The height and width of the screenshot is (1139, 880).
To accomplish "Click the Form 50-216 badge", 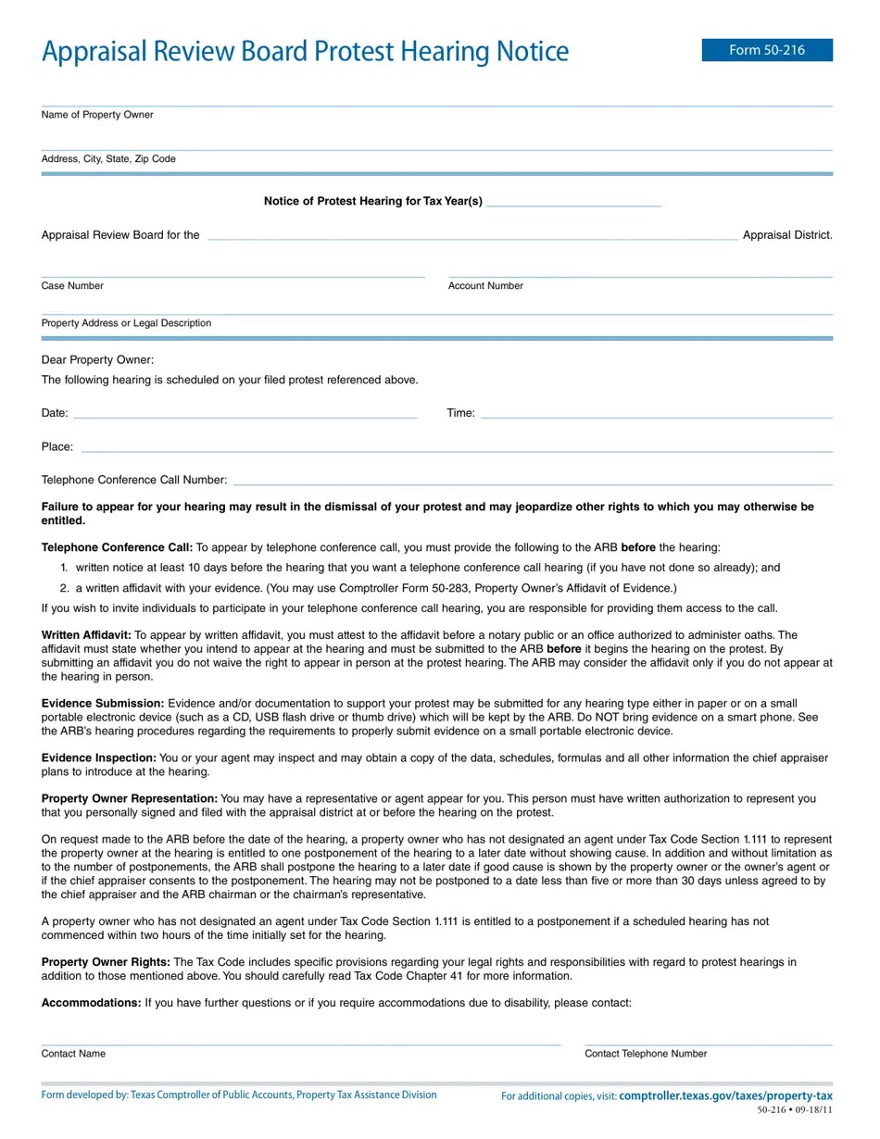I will (767, 50).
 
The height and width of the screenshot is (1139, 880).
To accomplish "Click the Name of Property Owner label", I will (97, 115).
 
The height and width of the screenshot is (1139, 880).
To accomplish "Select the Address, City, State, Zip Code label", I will (108, 159).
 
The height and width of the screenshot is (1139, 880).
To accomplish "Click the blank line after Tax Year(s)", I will (573, 202).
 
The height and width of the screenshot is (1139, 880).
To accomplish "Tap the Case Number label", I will (72, 286).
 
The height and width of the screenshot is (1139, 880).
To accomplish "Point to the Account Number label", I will (485, 286).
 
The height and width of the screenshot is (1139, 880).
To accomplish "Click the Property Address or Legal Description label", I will (126, 323).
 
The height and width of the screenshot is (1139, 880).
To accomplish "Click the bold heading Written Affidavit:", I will (86, 635).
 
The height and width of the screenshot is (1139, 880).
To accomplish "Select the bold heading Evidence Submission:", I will (103, 704).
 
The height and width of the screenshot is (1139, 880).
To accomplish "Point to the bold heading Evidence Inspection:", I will (99, 758).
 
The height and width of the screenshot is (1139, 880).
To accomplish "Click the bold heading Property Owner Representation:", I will (130, 798).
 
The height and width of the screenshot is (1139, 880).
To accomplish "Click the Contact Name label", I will (73, 1054).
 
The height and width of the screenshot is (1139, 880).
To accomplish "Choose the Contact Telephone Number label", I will (646, 1054).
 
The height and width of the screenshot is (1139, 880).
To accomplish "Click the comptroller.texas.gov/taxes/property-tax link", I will (725, 1096).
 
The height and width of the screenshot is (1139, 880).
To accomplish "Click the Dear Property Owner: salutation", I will (97, 360).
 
